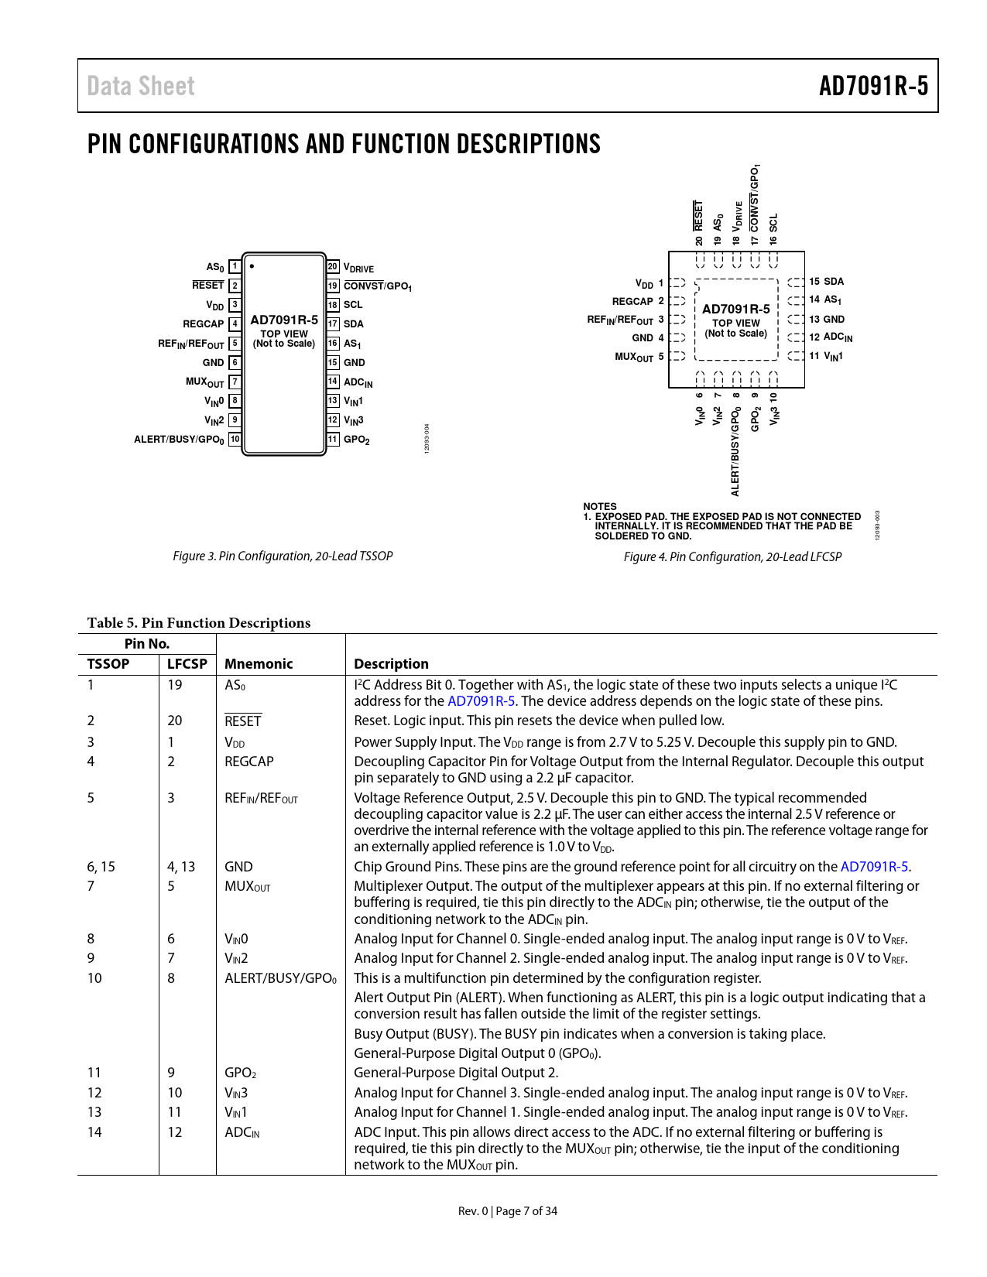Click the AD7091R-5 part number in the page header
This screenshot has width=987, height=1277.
click(873, 86)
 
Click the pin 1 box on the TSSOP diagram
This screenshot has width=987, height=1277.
click(235, 267)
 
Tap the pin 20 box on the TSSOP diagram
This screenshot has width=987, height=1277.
click(333, 267)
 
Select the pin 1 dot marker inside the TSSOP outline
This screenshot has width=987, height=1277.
click(252, 266)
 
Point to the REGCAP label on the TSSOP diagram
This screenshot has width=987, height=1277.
click(203, 324)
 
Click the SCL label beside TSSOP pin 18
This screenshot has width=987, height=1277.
click(353, 305)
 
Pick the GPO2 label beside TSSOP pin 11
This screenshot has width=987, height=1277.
click(356, 440)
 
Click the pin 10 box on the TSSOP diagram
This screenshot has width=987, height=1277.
click(235, 440)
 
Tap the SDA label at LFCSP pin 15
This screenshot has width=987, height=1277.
click(834, 282)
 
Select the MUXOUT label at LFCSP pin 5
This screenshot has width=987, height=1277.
click(634, 357)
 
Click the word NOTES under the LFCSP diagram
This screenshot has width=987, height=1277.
click(600, 507)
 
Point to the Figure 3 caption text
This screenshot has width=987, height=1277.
click(283, 556)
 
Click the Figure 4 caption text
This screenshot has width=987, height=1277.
click(732, 557)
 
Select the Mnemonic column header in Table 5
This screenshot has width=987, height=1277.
click(259, 664)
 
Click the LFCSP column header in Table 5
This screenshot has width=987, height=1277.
click(187, 664)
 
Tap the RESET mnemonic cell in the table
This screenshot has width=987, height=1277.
click(243, 721)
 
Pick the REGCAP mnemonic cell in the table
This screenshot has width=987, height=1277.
click(249, 762)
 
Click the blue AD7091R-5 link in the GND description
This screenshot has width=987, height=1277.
click(875, 867)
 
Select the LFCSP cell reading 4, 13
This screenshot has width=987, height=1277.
click(181, 867)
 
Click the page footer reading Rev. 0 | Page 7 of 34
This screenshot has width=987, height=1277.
click(508, 1211)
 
